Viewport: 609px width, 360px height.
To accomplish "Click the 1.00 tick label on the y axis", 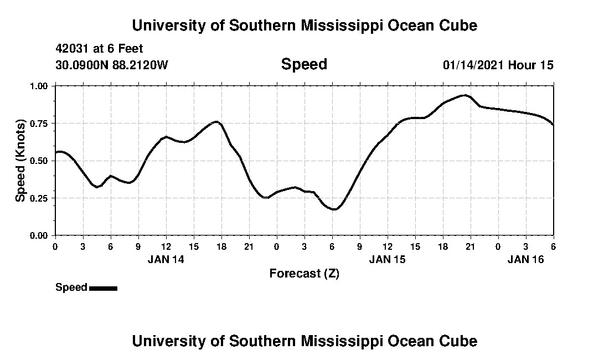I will (40, 86).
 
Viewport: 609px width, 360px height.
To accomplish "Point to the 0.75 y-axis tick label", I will (40, 123).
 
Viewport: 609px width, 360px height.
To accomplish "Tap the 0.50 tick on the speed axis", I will (40, 161).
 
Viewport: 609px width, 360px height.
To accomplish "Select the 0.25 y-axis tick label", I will (40, 198).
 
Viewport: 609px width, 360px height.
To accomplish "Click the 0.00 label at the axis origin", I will (40, 235).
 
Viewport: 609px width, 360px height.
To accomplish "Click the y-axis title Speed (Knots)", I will (20, 160).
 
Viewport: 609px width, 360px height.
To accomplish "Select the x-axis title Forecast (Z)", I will (304, 273).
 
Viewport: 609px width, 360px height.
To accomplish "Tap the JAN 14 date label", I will (166, 259).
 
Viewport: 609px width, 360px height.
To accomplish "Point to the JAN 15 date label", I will (387, 259).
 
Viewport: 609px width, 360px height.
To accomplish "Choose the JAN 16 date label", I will (526, 259).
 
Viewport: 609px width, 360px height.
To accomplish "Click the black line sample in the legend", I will (103, 288).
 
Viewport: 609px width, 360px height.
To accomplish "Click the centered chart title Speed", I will (304, 64).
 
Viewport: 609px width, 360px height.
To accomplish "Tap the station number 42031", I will (73, 49).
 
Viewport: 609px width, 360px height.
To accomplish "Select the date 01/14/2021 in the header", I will (473, 65).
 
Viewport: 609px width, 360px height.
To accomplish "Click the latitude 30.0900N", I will (79, 65).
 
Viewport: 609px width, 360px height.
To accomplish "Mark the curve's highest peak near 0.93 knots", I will (464, 95).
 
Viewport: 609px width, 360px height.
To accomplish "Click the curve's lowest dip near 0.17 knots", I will (334, 209).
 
